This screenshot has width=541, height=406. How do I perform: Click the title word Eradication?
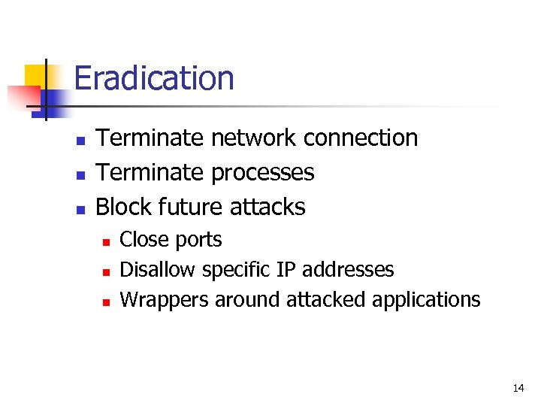(154, 78)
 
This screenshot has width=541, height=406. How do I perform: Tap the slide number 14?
(518, 388)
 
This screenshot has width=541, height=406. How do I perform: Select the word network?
(254, 138)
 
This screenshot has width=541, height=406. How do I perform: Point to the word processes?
(262, 174)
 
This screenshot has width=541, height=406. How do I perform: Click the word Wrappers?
(165, 299)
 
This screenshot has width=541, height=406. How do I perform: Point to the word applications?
(431, 300)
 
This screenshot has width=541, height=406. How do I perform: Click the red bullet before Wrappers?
(106, 301)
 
